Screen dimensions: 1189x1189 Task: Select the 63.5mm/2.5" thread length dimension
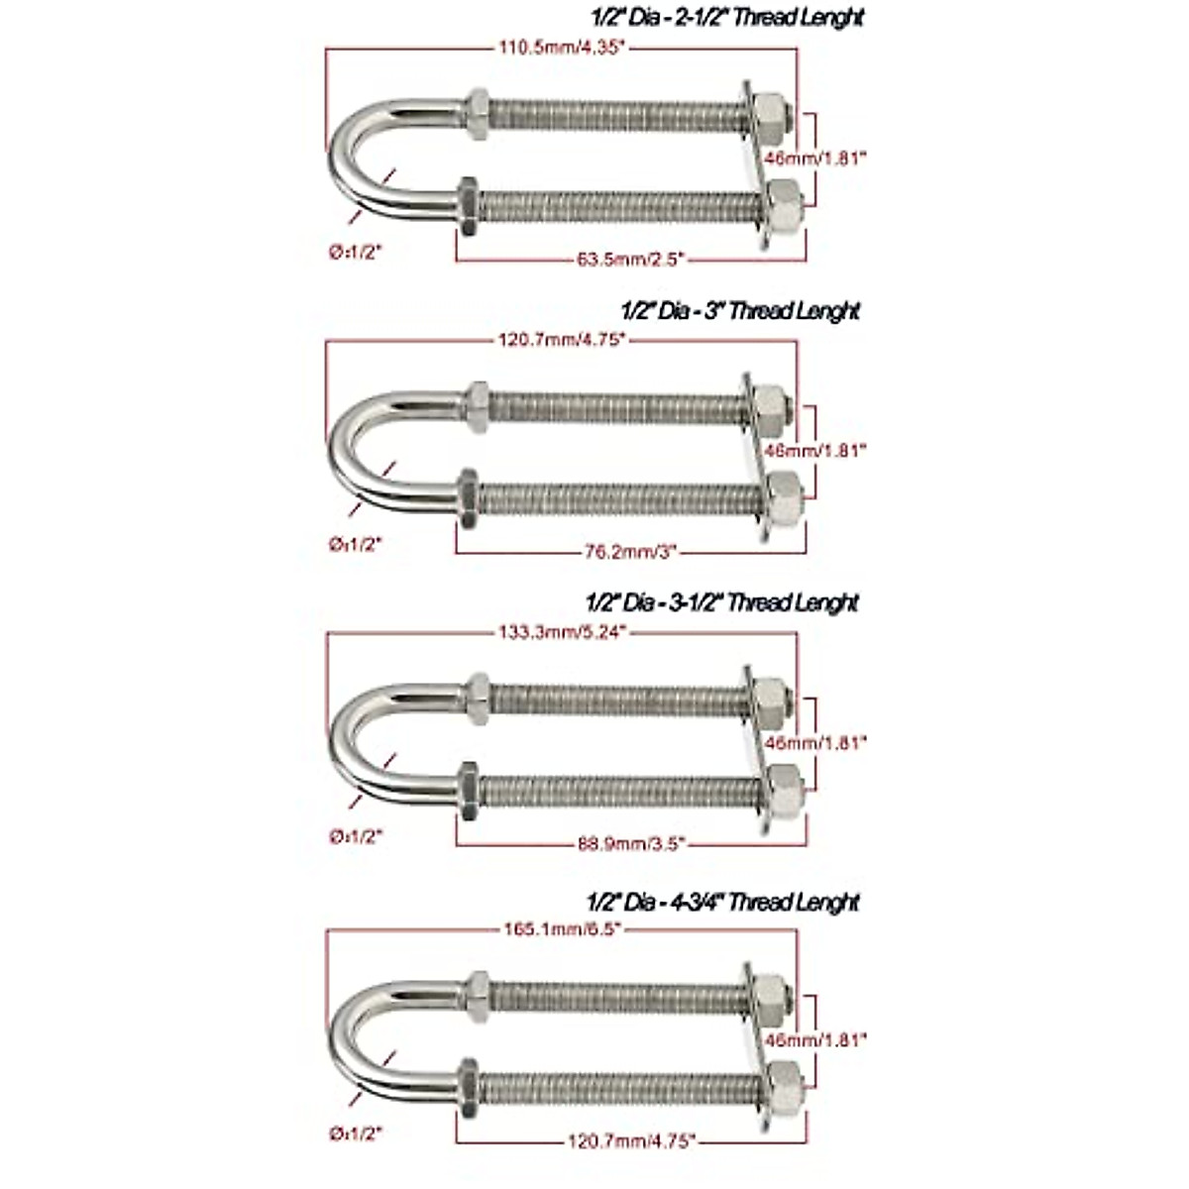pyautogui.click(x=630, y=260)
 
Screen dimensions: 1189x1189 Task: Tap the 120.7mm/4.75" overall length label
pyautogui.click(x=560, y=340)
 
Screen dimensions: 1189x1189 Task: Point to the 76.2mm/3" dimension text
pyautogui.click(x=630, y=552)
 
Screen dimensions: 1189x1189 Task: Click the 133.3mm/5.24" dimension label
pyautogui.click(x=560, y=632)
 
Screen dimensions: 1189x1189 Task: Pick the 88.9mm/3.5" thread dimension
pyautogui.click(x=630, y=844)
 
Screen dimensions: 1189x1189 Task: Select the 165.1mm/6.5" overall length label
pyautogui.click(x=560, y=929)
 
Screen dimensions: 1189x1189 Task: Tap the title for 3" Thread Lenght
pyautogui.click(x=741, y=310)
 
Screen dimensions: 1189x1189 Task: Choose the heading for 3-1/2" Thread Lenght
pyautogui.click(x=722, y=602)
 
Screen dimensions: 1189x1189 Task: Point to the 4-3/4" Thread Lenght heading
pyautogui.click(x=722, y=903)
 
